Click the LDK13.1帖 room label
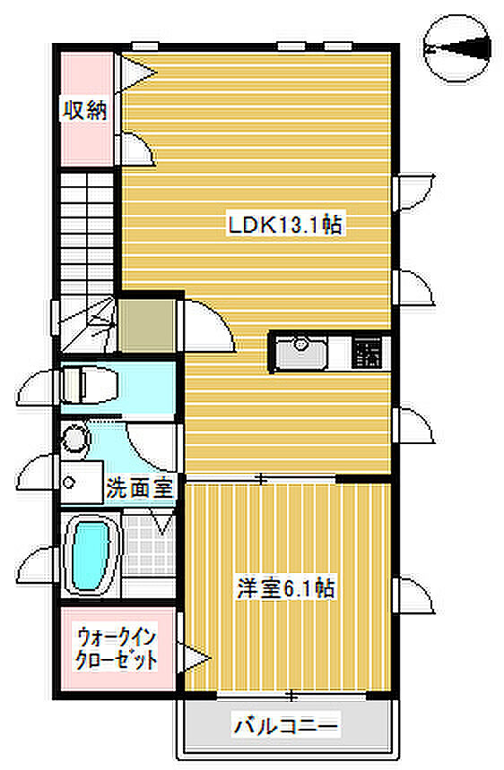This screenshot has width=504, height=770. click(x=284, y=225)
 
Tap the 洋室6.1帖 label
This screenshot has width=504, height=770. click(x=286, y=587)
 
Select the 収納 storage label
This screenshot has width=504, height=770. click(x=84, y=109)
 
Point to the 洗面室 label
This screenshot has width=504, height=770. click(x=140, y=488)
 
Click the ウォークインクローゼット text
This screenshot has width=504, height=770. click(x=116, y=649)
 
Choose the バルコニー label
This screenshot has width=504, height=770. click(x=286, y=725)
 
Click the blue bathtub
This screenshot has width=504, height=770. click(x=91, y=555)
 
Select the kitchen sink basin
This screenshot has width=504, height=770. click(x=300, y=352)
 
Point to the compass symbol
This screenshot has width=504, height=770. click(x=456, y=48)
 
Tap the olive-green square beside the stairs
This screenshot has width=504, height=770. click(x=147, y=326)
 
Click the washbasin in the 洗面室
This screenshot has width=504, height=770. click(x=82, y=482)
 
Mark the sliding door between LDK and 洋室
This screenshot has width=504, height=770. click(x=261, y=478)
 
